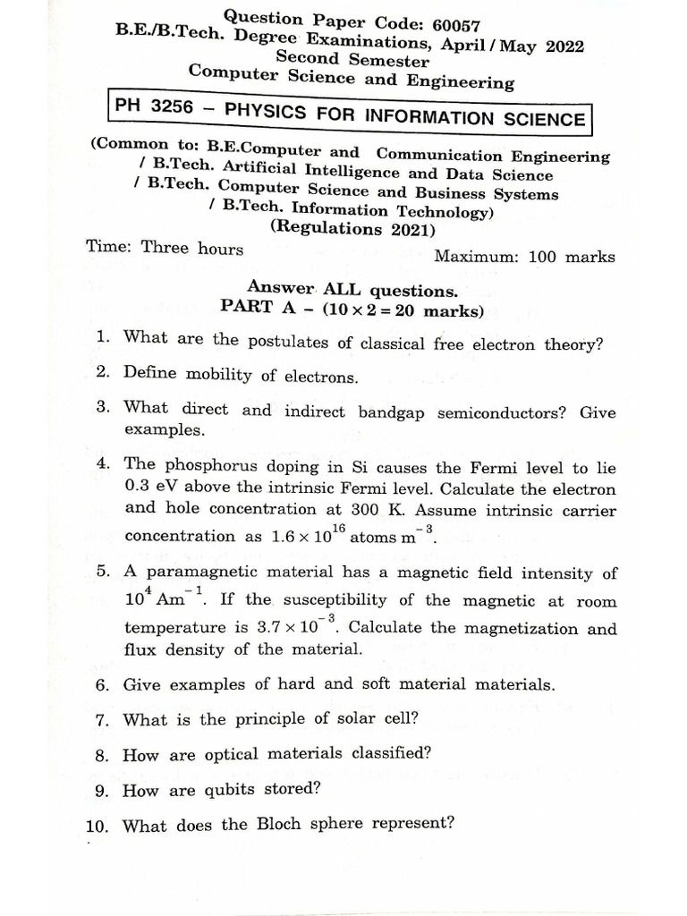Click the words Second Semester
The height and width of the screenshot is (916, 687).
coord(352,60)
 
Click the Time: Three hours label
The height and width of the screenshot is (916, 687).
coord(165,248)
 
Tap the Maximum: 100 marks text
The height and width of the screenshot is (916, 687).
coord(524,257)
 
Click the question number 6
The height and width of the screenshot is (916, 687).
coord(103,686)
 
